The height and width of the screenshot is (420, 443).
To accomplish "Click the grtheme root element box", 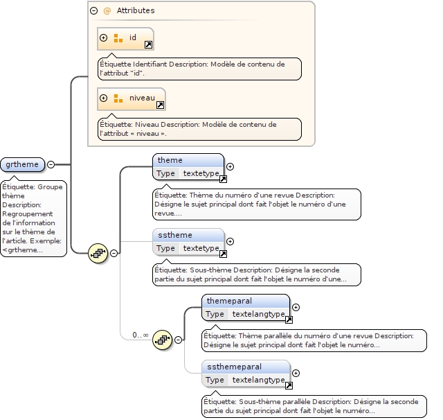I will (x=23, y=164).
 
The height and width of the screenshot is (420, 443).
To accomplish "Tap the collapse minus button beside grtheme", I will (x=51, y=164).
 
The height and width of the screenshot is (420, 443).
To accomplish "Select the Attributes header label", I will (x=135, y=11).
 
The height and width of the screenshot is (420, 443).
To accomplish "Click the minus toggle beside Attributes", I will (x=93, y=11).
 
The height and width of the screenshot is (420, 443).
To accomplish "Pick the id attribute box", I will (x=125, y=39).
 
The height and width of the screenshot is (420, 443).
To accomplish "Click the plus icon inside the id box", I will (x=104, y=38).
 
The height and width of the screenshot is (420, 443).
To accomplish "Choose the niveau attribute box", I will (x=131, y=98).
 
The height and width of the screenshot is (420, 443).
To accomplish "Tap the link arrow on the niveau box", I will (x=160, y=105).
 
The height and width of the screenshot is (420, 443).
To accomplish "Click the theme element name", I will (x=170, y=160).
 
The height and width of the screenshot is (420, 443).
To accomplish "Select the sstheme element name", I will (x=174, y=235).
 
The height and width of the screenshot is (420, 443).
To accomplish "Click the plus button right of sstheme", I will (x=230, y=241).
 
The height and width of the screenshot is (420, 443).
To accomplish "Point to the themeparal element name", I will (x=228, y=301).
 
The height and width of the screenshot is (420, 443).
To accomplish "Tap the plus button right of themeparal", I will (x=296, y=307).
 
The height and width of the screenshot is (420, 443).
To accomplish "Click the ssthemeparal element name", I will (x=233, y=367).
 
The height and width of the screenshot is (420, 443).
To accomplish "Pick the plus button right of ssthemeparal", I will (x=296, y=373).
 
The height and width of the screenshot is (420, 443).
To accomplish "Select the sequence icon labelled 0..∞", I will (x=162, y=339).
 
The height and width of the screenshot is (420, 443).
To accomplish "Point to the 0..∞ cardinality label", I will (x=141, y=335).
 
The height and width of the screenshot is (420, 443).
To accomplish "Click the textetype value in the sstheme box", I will (x=200, y=248).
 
